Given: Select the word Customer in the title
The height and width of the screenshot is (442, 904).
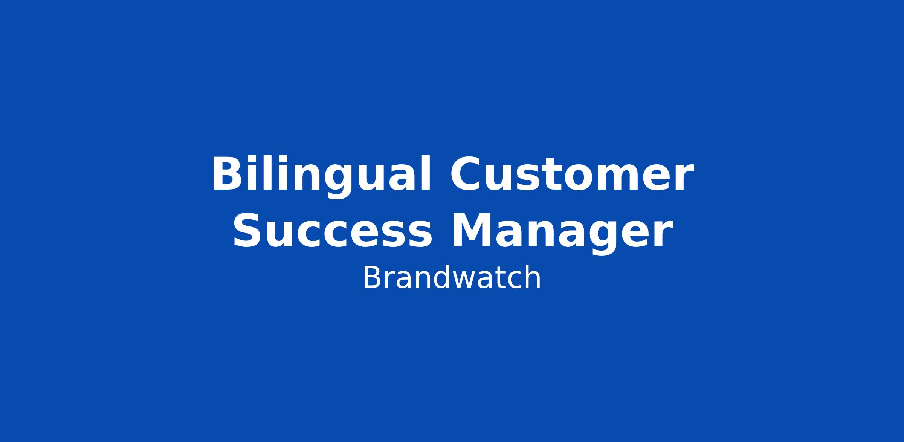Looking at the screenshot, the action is [x=571, y=174].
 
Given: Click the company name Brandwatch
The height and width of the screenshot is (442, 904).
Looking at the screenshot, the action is [x=452, y=278].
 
